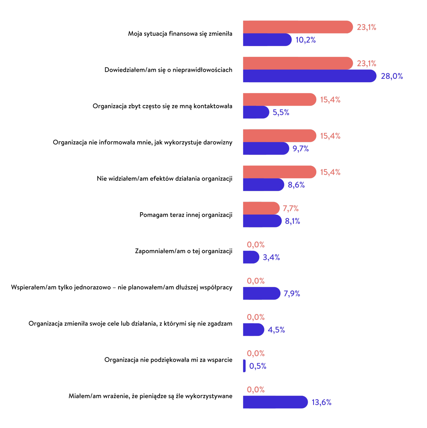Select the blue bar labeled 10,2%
coord(267,40)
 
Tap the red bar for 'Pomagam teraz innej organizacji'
coord(261,208)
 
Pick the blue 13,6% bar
coord(275,402)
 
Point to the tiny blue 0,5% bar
coord(244,366)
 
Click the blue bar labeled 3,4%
coord(251,257)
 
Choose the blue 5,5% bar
coord(256,112)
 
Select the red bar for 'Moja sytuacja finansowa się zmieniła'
coord(297,27)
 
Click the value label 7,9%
coord(292,294)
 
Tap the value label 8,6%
coord(296,185)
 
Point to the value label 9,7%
coord(300,149)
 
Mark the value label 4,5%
coord(276,330)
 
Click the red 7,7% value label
coord(290,208)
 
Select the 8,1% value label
coord(292,221)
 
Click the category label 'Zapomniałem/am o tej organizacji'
coord(183,251)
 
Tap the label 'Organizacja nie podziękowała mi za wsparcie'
coord(168,360)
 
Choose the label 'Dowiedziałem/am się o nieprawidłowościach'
coord(168,70)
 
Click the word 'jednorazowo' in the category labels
coord(92,288)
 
